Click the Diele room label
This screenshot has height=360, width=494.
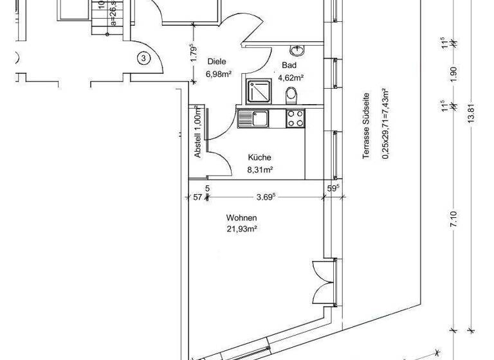217,62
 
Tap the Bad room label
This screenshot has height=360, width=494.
289,66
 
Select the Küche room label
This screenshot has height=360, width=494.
260,157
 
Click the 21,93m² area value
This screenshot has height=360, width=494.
241,229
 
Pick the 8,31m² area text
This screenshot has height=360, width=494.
260,170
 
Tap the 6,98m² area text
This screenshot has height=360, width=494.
219,74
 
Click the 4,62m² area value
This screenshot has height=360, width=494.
291,78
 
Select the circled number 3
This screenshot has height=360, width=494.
143,59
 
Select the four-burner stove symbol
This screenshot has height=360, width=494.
295,118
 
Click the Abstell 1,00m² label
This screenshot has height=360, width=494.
198,132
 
